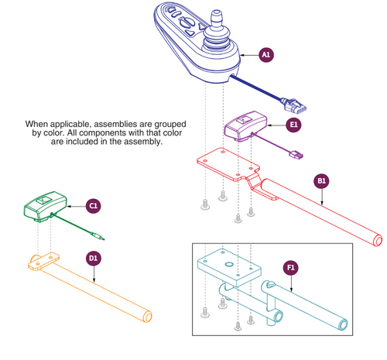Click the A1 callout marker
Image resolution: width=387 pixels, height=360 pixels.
click(265, 55)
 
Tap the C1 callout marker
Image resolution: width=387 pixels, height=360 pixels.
click(92, 205)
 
